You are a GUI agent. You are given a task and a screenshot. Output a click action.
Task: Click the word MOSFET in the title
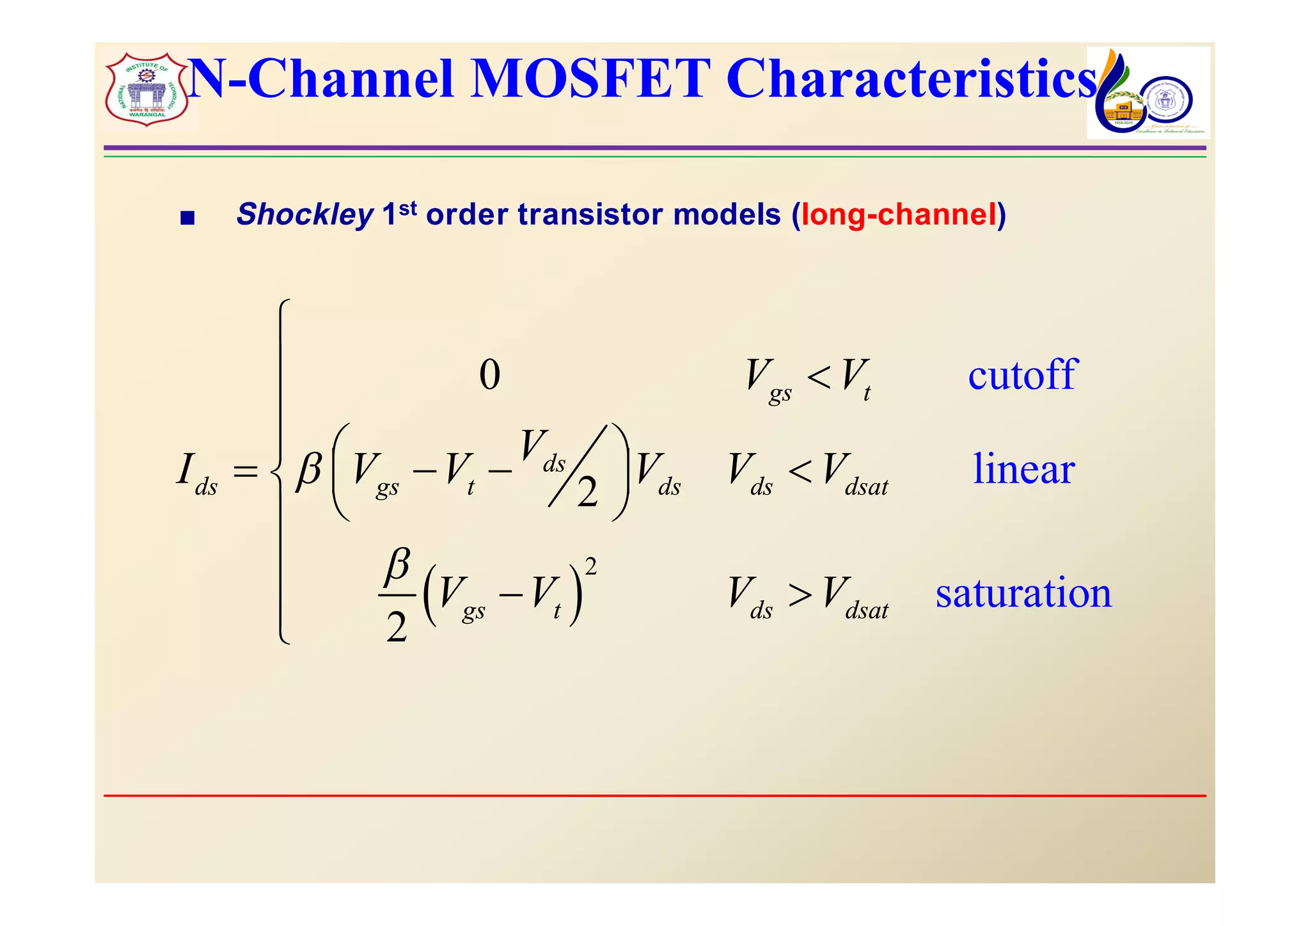[590, 79]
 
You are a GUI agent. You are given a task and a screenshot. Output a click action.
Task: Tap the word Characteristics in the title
[911, 79]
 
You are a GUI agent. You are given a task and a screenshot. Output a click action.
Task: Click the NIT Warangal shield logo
[147, 90]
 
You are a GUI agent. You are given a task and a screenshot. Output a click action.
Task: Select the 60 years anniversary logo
[1148, 93]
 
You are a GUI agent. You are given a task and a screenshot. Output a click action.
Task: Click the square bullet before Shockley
[187, 219]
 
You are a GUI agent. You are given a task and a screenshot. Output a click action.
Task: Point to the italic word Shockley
[304, 214]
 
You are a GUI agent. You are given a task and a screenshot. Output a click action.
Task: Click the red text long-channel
[898, 214]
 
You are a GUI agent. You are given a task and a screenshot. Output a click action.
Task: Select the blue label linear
[1023, 469]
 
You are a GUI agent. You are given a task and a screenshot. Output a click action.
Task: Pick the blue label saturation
[1023, 593]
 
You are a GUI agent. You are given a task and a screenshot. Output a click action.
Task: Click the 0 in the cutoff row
[489, 375]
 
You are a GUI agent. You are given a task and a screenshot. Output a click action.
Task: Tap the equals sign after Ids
[245, 473]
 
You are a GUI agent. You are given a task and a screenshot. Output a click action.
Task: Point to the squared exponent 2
[590, 566]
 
